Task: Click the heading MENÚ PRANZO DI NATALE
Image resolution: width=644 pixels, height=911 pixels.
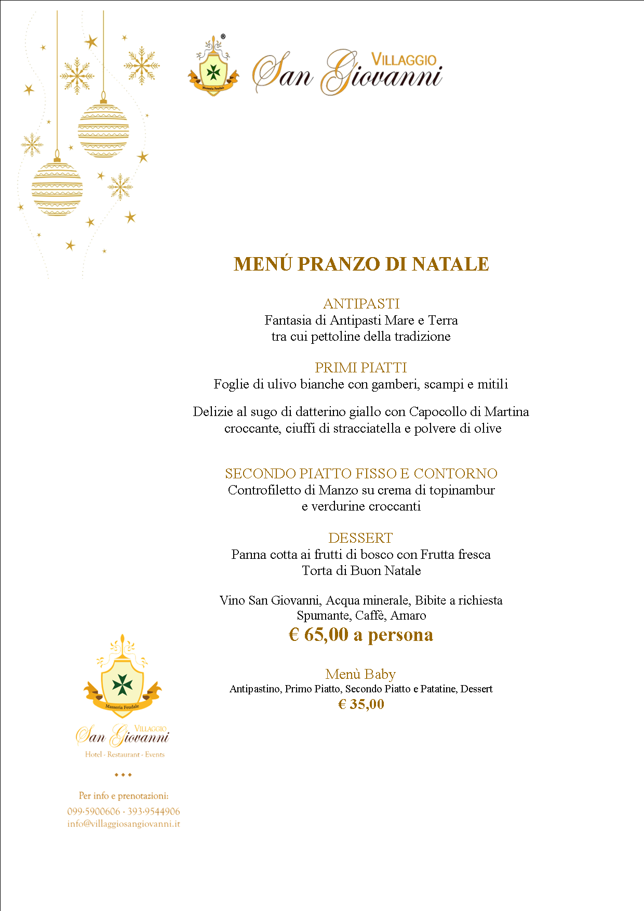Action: point(361,264)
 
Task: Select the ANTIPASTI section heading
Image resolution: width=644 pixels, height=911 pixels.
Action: point(361,303)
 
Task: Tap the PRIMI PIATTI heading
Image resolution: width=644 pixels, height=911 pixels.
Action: point(361,368)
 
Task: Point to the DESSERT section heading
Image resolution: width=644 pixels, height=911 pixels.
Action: point(360,538)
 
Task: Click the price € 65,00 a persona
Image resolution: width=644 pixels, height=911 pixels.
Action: point(361,635)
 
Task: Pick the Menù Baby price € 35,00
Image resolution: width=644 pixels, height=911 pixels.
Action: point(361,704)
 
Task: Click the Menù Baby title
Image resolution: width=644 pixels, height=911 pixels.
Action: point(360,674)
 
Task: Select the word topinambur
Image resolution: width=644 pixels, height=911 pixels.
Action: point(462,490)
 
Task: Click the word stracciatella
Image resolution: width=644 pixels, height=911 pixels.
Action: point(367,428)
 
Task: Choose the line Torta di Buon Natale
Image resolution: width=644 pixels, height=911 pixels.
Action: point(361,571)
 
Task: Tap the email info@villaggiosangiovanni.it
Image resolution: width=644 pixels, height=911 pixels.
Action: point(124,824)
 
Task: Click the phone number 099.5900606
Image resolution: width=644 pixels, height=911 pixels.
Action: point(93,811)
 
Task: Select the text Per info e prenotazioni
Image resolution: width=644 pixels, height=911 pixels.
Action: point(124,796)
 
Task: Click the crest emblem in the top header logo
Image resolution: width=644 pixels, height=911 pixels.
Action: point(213,70)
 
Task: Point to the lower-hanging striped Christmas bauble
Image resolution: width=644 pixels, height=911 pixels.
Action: point(57,188)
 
